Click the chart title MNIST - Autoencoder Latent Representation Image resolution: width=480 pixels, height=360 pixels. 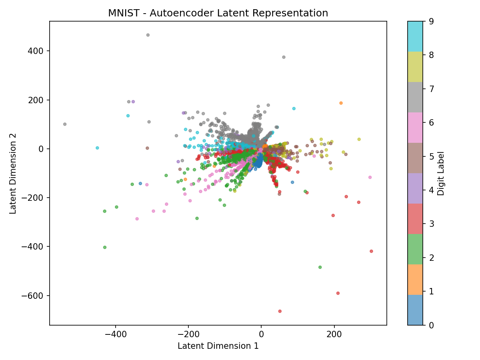218,13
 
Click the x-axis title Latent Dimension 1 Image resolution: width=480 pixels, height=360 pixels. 218,346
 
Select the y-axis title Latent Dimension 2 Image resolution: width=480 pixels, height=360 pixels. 13,173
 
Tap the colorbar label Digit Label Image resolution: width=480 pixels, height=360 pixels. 441,173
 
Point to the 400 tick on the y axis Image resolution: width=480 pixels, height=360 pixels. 36,51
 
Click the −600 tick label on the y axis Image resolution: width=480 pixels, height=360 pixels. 33,296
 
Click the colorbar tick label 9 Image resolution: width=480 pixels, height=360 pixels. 431,21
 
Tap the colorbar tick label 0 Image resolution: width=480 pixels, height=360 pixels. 431,325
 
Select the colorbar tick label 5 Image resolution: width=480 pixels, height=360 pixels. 431,156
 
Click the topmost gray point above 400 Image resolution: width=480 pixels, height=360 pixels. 148,35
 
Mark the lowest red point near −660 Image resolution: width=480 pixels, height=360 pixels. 280,311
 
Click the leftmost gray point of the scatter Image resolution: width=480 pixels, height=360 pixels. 65,124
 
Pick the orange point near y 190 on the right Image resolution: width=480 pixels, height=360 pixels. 341,103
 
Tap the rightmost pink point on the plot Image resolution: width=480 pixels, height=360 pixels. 370,177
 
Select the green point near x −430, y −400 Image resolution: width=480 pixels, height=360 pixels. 105,247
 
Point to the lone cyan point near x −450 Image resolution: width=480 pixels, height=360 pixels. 97,148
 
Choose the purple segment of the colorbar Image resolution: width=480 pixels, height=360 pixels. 415,188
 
